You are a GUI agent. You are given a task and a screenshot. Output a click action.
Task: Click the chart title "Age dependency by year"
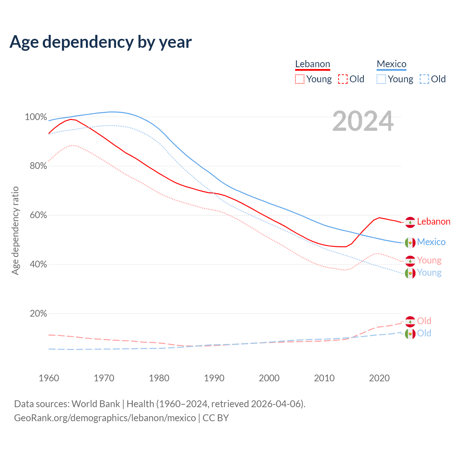[101, 42]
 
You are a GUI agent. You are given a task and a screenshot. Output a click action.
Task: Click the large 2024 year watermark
[363, 121]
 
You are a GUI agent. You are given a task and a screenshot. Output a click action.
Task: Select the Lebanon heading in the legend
[312, 64]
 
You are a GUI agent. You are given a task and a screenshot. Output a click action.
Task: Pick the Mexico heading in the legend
[391, 64]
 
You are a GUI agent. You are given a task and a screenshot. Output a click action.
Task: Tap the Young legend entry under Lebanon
[313, 79]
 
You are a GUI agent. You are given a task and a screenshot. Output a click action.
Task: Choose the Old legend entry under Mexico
[433, 79]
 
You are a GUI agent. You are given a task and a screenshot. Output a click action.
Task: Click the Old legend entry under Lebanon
[351, 79]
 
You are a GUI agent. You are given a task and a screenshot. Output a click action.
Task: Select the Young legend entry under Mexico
[395, 79]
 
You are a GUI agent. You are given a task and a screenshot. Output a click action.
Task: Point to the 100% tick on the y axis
[36, 117]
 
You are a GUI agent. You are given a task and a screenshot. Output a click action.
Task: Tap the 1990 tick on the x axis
[214, 378]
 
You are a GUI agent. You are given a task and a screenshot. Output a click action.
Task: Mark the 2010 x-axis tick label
[324, 378]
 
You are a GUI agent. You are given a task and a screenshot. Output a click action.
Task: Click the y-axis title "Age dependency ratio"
[15, 230]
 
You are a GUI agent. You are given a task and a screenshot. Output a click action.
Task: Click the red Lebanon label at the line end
[433, 221]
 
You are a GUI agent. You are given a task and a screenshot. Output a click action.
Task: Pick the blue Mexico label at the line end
[431, 242]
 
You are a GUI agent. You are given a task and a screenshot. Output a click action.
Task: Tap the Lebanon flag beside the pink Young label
[410, 261]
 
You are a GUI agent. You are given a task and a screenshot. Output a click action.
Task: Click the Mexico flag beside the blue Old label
[410, 334]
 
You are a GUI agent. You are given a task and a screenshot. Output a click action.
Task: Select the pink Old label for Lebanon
[424, 321]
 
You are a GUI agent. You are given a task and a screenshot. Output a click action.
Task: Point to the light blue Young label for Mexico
[429, 273]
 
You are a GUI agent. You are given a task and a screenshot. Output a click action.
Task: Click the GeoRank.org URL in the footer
[105, 418]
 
